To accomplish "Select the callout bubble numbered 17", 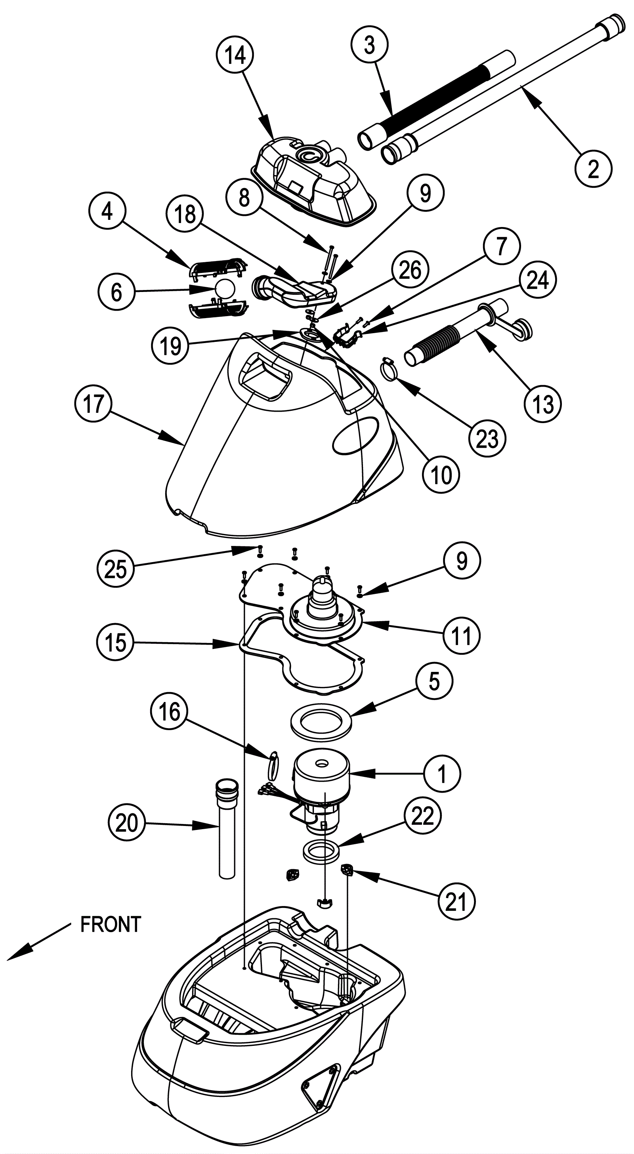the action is click(x=93, y=404).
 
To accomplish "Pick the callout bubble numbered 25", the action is click(x=116, y=568).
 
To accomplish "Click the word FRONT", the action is click(x=111, y=924).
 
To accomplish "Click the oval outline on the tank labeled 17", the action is click(x=355, y=436).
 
